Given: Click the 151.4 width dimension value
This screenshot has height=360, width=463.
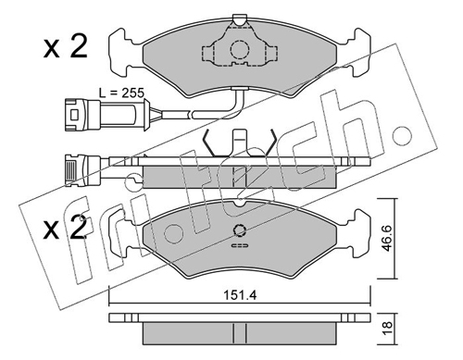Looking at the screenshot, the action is [240, 295].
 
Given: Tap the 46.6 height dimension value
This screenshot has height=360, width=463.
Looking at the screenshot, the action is [387, 238].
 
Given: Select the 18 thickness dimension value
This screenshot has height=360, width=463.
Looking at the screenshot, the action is [387, 328].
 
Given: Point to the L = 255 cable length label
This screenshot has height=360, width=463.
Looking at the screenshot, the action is [121, 93].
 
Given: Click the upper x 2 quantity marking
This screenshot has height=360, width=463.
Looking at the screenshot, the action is [66, 47].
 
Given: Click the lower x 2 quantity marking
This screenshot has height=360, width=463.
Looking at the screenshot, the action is [66, 229].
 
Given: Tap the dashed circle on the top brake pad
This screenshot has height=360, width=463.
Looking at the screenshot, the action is [240, 50].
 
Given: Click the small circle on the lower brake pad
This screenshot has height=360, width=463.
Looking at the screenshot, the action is [239, 230].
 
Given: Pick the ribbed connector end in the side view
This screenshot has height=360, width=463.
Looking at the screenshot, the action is [71, 170].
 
